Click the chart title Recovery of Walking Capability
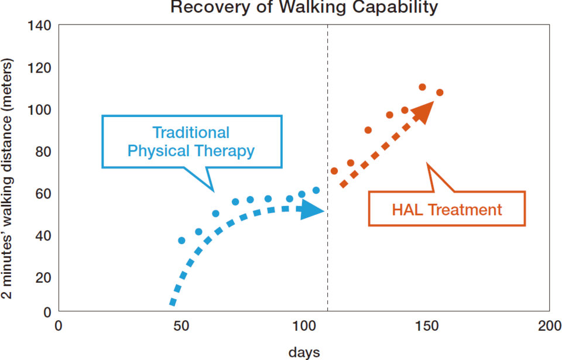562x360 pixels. click(x=304, y=8)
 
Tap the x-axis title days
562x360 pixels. click(x=304, y=352)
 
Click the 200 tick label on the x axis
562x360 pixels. click(x=550, y=325)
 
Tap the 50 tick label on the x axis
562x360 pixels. click(x=181, y=325)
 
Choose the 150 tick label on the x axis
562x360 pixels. click(x=427, y=325)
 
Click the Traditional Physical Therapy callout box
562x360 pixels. click(x=191, y=142)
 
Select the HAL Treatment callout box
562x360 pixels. click(x=447, y=209)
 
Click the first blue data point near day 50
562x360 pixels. click(x=181, y=241)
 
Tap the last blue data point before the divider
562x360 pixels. click(x=316, y=190)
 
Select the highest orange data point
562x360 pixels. click(x=422, y=87)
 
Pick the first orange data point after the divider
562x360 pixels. click(x=334, y=171)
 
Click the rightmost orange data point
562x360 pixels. click(x=440, y=92)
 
